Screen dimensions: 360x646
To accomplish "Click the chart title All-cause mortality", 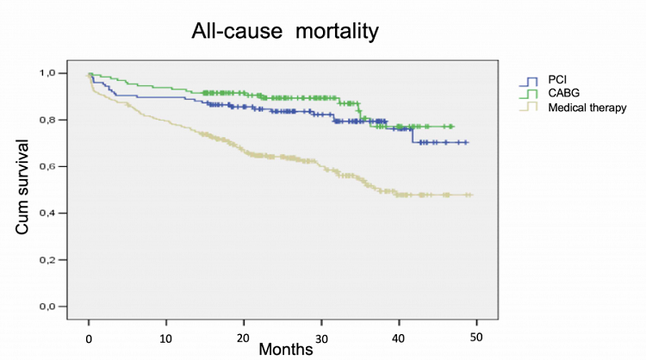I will coord(284,34).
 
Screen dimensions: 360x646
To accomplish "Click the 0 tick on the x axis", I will coord(89,334).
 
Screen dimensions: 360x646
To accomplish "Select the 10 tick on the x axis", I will coord(166,334).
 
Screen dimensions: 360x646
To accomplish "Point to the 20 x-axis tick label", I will coord(244,334).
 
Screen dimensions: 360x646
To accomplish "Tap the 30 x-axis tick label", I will coord(321,334).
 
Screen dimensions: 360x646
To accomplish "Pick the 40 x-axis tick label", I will coord(399,334).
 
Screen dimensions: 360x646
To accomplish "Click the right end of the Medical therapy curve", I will coord(472,196).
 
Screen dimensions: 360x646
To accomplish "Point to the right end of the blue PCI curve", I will coord(467,142).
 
